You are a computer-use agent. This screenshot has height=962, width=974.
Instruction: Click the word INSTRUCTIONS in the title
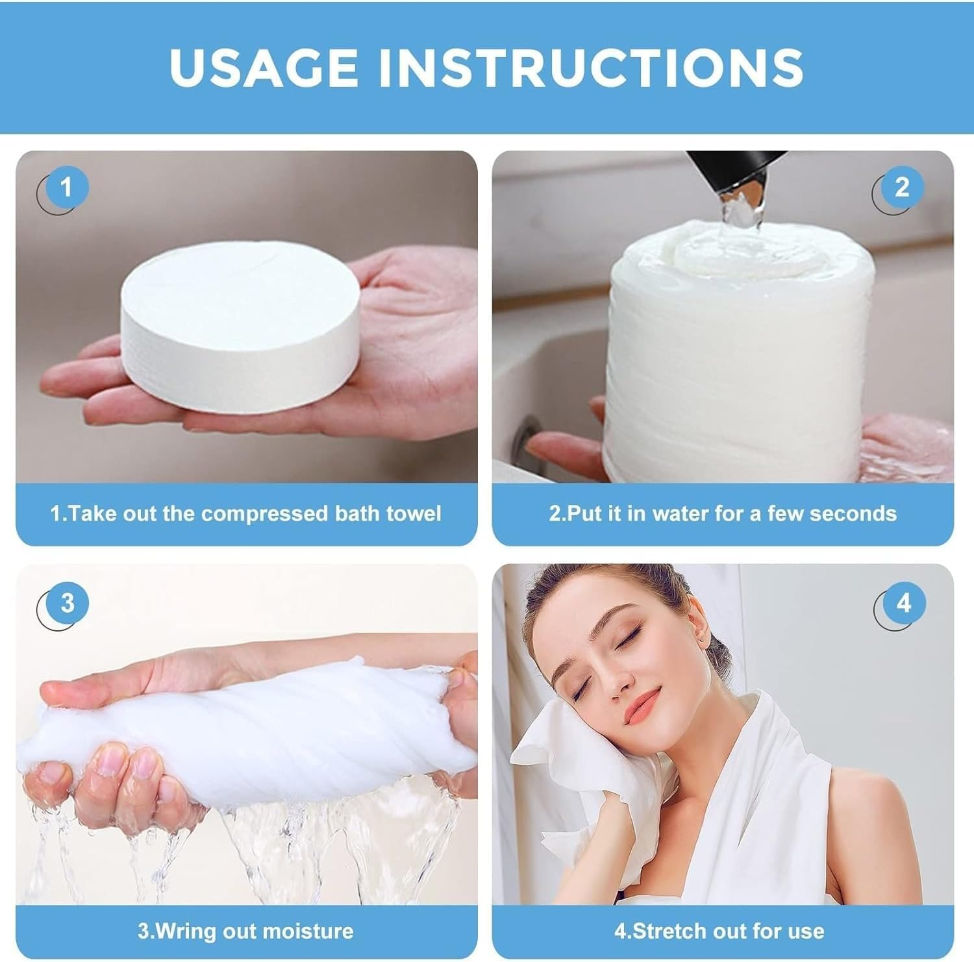tap(592, 66)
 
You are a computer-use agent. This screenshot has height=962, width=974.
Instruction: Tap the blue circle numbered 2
tap(901, 188)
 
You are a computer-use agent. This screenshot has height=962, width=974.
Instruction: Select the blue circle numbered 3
tap(67, 603)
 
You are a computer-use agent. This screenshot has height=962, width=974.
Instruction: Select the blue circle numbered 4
tap(903, 603)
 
